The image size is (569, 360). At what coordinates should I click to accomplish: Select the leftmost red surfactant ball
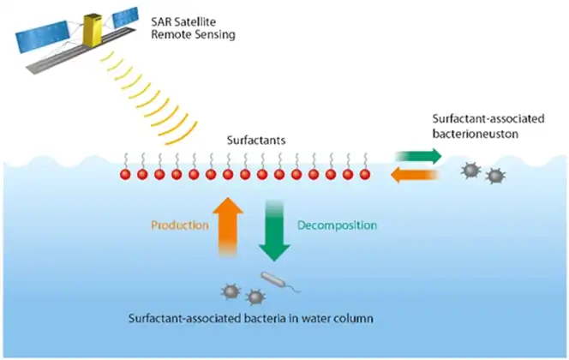tap(126, 174)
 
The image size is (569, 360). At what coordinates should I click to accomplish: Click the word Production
tap(179, 225)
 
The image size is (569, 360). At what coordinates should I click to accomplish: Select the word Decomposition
tap(336, 225)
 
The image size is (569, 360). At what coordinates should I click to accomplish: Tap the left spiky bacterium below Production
tap(231, 291)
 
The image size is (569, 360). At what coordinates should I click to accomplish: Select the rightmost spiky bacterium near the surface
tap(494, 177)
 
